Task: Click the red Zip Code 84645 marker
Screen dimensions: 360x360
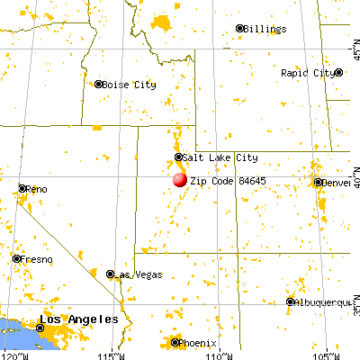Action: click(x=179, y=179)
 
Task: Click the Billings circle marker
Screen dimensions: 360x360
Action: click(x=240, y=29)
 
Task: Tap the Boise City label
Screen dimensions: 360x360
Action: click(x=130, y=85)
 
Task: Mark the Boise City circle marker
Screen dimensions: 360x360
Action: click(x=99, y=85)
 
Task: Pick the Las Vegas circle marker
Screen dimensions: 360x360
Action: click(x=111, y=274)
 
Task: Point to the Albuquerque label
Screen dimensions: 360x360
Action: click(x=323, y=302)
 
